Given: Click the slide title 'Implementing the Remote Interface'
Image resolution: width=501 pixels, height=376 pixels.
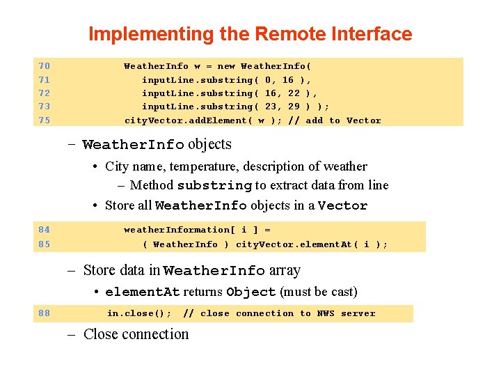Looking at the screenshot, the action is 250,33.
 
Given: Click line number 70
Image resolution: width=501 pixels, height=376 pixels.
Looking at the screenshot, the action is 44,66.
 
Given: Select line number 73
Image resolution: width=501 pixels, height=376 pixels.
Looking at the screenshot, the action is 44,107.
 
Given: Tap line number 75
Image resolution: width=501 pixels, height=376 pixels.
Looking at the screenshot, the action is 44,120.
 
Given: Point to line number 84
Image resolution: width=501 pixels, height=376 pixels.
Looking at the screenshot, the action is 44,230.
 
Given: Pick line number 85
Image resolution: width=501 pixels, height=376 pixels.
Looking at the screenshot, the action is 44,244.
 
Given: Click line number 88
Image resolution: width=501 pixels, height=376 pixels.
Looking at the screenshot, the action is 44,313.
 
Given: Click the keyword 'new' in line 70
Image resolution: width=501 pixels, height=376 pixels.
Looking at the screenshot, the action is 226,66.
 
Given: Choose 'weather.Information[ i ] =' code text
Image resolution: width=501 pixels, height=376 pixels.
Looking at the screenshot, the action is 197,230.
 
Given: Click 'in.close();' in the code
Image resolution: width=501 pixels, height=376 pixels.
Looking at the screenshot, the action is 139,313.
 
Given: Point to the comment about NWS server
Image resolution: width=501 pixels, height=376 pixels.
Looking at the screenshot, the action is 278,313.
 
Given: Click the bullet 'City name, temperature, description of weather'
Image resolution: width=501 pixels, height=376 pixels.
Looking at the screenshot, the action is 236,166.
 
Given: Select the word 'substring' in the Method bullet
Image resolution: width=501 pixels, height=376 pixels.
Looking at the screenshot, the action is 214,186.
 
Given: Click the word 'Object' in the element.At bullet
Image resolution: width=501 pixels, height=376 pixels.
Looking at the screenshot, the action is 251,292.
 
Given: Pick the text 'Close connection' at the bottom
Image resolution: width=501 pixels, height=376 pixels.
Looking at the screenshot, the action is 136,334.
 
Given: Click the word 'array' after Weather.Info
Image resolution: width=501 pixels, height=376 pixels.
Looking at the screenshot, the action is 285,270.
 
